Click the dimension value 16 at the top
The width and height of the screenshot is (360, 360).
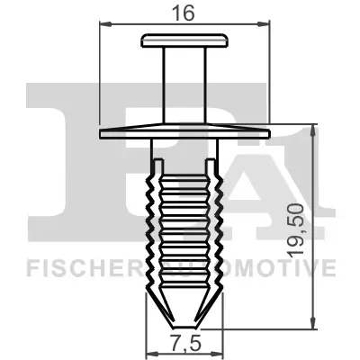(x=184, y=12)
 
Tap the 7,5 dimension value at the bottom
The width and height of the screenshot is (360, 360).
(x=184, y=346)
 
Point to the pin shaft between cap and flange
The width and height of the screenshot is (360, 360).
(x=184, y=85)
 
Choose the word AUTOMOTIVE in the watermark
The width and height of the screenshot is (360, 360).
(x=270, y=266)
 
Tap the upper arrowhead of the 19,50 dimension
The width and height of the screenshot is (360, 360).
(x=312, y=129)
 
